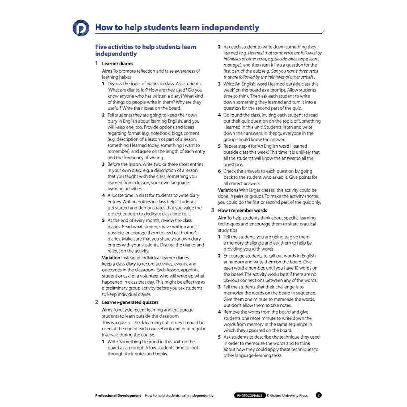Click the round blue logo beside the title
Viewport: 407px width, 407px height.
81,28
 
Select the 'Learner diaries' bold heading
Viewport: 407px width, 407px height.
118,64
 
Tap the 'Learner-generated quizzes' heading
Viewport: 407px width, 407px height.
130,302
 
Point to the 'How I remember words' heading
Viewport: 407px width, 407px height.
242,211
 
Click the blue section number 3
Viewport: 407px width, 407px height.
213,210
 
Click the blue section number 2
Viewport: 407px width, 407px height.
97,302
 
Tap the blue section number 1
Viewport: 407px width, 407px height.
97,63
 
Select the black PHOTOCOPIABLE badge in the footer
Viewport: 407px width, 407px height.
250,395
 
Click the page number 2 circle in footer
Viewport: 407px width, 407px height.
319,395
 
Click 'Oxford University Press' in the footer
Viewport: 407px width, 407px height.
289,395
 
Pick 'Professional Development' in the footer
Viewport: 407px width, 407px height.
118,395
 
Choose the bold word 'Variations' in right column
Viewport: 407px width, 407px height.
228,190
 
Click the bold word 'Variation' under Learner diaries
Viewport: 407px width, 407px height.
111,258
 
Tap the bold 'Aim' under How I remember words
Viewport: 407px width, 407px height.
222,218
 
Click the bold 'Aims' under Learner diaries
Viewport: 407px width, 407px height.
107,71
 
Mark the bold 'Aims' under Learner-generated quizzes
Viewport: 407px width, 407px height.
107,310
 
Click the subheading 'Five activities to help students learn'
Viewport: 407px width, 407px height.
146,47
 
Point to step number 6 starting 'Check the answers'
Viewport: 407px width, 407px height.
219,171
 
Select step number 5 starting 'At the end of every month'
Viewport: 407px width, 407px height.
103,220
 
